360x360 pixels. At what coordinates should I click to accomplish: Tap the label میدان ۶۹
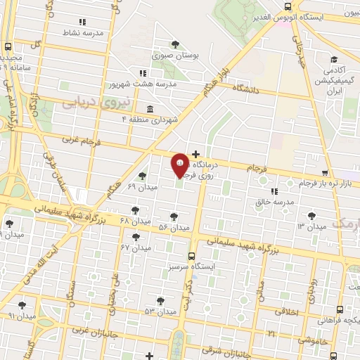pos(141,186)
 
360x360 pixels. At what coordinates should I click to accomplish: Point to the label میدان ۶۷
pos(136,247)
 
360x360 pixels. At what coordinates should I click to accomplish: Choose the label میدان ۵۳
pos(159,311)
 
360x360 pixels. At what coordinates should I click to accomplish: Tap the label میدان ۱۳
pos(311,226)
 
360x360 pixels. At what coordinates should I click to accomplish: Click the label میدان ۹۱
pos(21,316)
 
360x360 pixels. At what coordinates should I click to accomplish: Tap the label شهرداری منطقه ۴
pos(149,120)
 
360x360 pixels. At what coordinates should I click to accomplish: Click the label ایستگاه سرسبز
pos(192,267)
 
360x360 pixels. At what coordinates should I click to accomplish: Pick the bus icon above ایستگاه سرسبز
pos(192,256)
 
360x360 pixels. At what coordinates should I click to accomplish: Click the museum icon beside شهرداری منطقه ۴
pos(149,109)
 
